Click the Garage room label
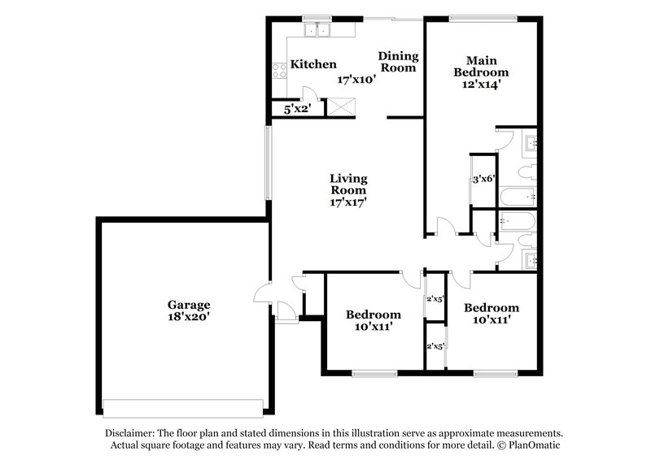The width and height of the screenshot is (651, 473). click(x=190, y=305)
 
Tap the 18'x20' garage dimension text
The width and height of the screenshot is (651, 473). click(x=190, y=318)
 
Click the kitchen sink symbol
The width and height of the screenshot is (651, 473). click(x=317, y=31)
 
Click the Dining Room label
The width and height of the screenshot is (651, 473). click(x=398, y=62)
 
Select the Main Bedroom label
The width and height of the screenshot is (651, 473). click(x=483, y=66)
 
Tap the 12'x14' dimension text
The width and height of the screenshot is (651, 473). click(x=483, y=83)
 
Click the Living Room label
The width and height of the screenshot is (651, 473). click(x=347, y=184)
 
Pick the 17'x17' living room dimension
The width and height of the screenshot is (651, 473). click(x=347, y=203)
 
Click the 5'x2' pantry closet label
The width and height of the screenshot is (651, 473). click(x=295, y=108)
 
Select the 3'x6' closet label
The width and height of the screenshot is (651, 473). click(x=484, y=180)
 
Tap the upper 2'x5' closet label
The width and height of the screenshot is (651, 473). click(x=435, y=298)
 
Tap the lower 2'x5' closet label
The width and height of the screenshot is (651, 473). click(x=435, y=346)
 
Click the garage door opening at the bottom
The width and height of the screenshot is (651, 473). click(x=184, y=406)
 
